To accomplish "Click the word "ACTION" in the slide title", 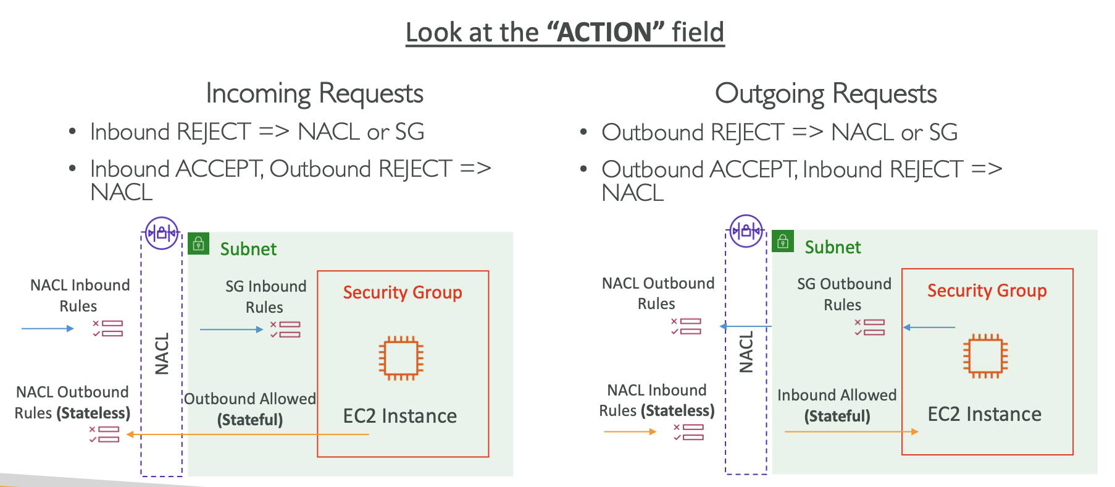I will click(604, 32).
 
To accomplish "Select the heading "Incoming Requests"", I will click(314, 93).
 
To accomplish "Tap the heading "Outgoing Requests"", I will click(825, 94).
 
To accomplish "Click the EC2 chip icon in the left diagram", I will click(401, 358).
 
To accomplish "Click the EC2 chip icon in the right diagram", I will click(985, 355).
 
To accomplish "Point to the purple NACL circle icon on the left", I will click(162, 233).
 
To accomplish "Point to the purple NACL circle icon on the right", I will click(746, 231).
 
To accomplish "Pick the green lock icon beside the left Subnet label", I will click(199, 244).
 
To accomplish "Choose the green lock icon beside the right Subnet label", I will click(783, 241).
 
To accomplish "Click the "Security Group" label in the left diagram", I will click(403, 292).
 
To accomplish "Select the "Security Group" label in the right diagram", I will click(987, 290).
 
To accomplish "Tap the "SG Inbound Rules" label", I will click(265, 297).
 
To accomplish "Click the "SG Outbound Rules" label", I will click(843, 294).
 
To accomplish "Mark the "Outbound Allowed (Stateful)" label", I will click(250, 409).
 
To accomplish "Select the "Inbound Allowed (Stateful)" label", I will click(837, 405).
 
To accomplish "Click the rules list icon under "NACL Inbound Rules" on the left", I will click(108, 328).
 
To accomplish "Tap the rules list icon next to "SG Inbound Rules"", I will click(285, 329).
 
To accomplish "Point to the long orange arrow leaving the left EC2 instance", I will click(247, 434).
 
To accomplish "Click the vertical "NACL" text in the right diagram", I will click(746, 352).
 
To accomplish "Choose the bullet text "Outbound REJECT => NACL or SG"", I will click(779, 132).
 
